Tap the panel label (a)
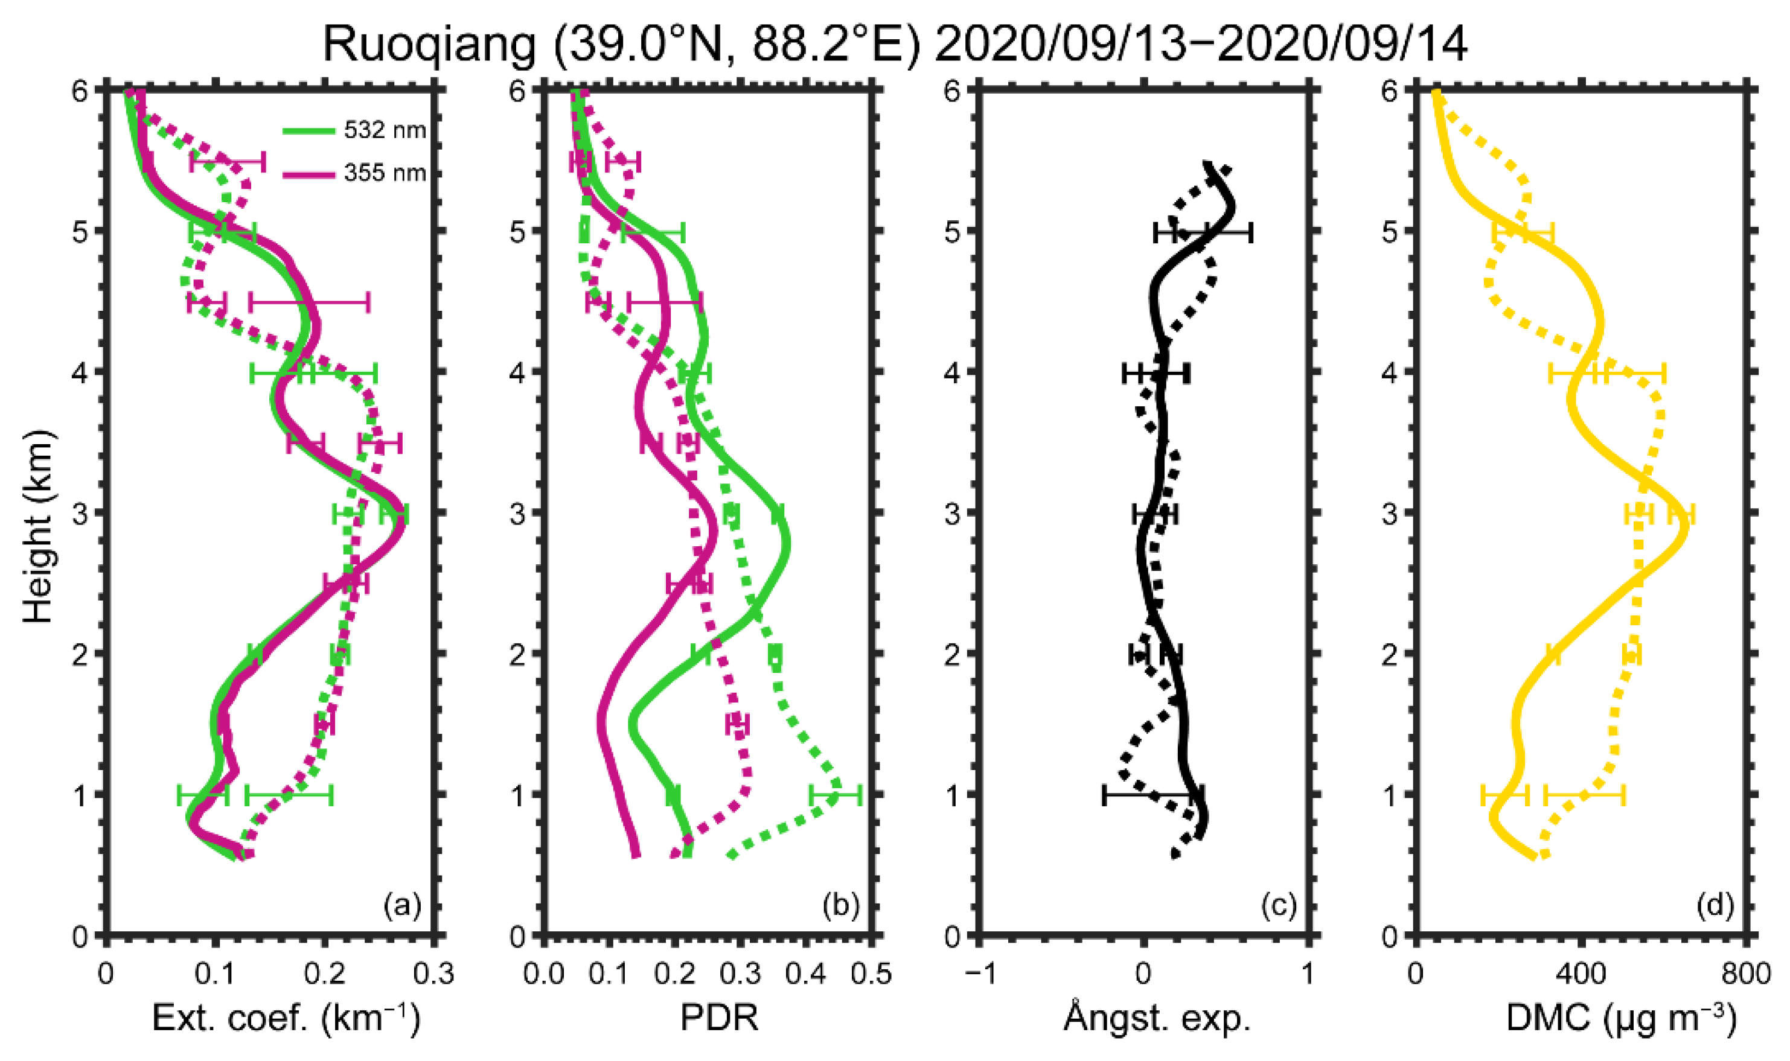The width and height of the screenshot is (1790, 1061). click(x=402, y=906)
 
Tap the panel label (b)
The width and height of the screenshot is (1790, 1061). click(x=840, y=906)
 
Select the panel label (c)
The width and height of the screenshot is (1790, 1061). click(x=1278, y=906)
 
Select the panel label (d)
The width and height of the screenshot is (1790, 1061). click(x=1715, y=906)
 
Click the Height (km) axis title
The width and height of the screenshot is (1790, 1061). click(x=38, y=527)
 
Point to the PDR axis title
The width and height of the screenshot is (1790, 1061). click(x=719, y=1018)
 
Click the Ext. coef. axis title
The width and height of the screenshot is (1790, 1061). click(x=286, y=1018)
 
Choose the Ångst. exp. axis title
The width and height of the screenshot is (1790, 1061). click(x=1156, y=1018)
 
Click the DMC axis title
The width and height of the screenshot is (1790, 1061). click(x=1620, y=1018)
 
